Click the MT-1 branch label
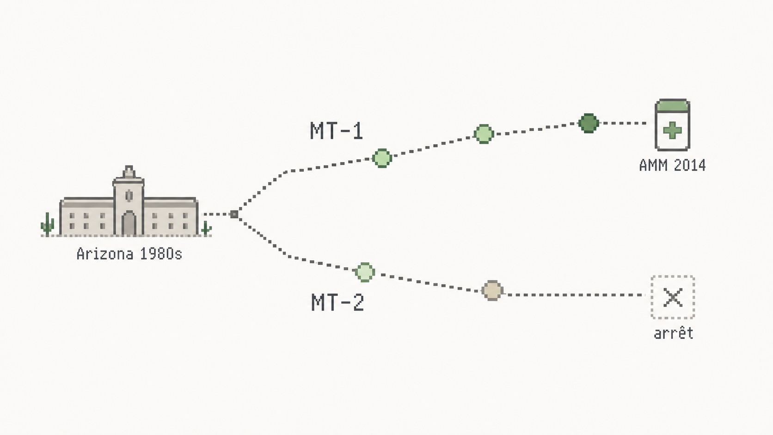click(x=337, y=131)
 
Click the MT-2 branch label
click(x=337, y=302)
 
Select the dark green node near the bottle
click(x=589, y=123)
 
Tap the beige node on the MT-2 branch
click(x=492, y=290)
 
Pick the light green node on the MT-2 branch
click(x=365, y=272)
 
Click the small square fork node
click(x=234, y=214)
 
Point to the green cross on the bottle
click(x=672, y=130)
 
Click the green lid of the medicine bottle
click(x=672, y=105)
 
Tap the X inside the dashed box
click(x=673, y=297)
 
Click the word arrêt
click(x=674, y=334)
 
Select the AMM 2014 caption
click(x=672, y=165)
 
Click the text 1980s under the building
click(x=161, y=254)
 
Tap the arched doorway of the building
click(x=129, y=224)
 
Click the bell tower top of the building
click(x=129, y=172)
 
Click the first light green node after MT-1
click(x=382, y=159)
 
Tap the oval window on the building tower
click(x=129, y=196)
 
